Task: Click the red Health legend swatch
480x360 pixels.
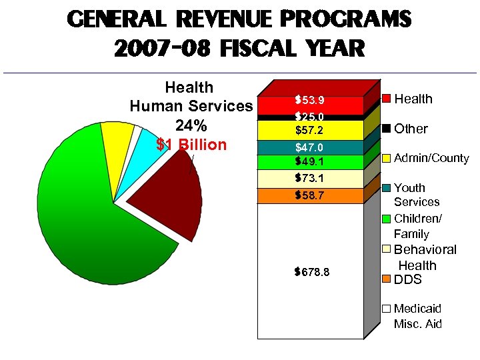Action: click(x=386, y=99)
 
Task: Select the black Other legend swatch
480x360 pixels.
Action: click(x=386, y=128)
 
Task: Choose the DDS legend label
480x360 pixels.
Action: click(x=408, y=279)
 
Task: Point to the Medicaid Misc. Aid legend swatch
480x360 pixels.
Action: click(x=386, y=309)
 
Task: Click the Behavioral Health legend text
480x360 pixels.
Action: click(x=425, y=257)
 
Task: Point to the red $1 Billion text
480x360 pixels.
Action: click(x=191, y=145)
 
